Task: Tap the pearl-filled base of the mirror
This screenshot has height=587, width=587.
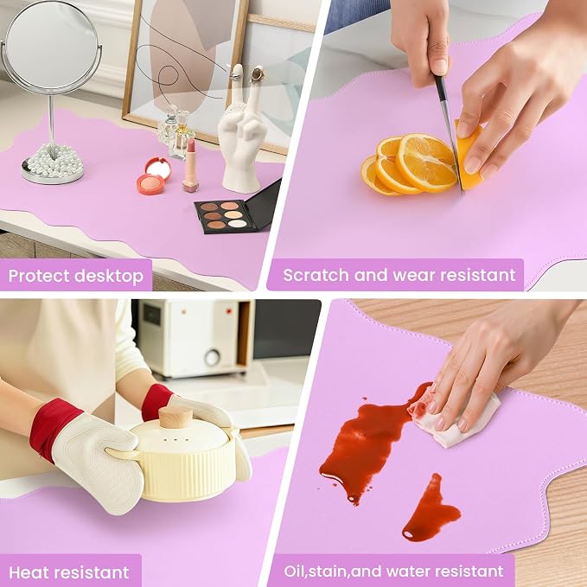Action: click(53, 165)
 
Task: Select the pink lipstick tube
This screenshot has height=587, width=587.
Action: click(191, 165)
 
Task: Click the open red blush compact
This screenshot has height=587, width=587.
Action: click(153, 176)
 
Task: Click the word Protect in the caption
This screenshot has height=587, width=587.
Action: click(39, 277)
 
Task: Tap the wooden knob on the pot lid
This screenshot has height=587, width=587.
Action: click(176, 418)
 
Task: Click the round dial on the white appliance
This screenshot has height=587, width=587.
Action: click(213, 358)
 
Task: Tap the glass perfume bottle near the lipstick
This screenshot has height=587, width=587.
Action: click(182, 135)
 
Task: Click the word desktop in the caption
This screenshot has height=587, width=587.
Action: click(109, 277)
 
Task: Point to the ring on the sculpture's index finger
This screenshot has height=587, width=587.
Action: click(236, 77)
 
